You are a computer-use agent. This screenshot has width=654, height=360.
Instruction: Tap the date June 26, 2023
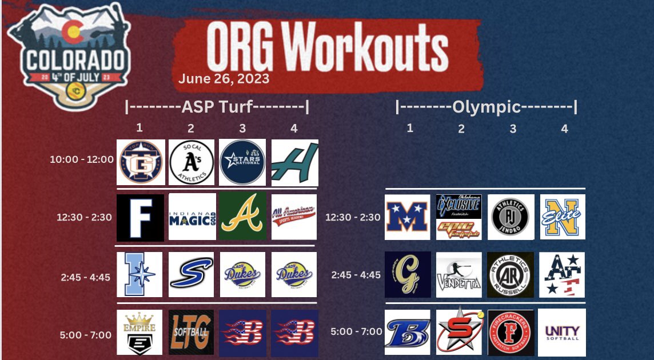tap(224, 78)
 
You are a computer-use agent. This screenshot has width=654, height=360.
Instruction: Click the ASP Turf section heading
tap(217, 107)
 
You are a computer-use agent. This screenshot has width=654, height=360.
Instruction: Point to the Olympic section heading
tap(486, 107)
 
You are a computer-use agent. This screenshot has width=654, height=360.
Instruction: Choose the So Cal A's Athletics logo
tap(192, 162)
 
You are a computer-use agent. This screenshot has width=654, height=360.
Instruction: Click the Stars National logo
tap(242, 162)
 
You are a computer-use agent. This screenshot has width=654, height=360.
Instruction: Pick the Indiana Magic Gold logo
tap(192, 217)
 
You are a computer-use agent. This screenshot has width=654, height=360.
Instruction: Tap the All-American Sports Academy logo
tap(294, 217)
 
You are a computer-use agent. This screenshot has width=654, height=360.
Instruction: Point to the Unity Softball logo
tap(562, 332)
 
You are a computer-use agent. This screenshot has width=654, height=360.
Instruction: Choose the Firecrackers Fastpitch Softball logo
tap(511, 332)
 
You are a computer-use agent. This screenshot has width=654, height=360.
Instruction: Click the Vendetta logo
tap(458, 274)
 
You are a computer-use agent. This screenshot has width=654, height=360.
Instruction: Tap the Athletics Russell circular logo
tap(511, 274)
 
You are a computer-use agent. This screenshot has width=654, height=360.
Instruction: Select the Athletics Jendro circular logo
tap(511, 217)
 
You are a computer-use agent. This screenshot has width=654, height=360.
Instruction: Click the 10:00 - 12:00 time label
tap(82, 159)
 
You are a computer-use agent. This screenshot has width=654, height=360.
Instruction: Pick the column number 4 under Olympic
tap(564, 129)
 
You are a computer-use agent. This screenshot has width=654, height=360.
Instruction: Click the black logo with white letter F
tap(140, 217)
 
